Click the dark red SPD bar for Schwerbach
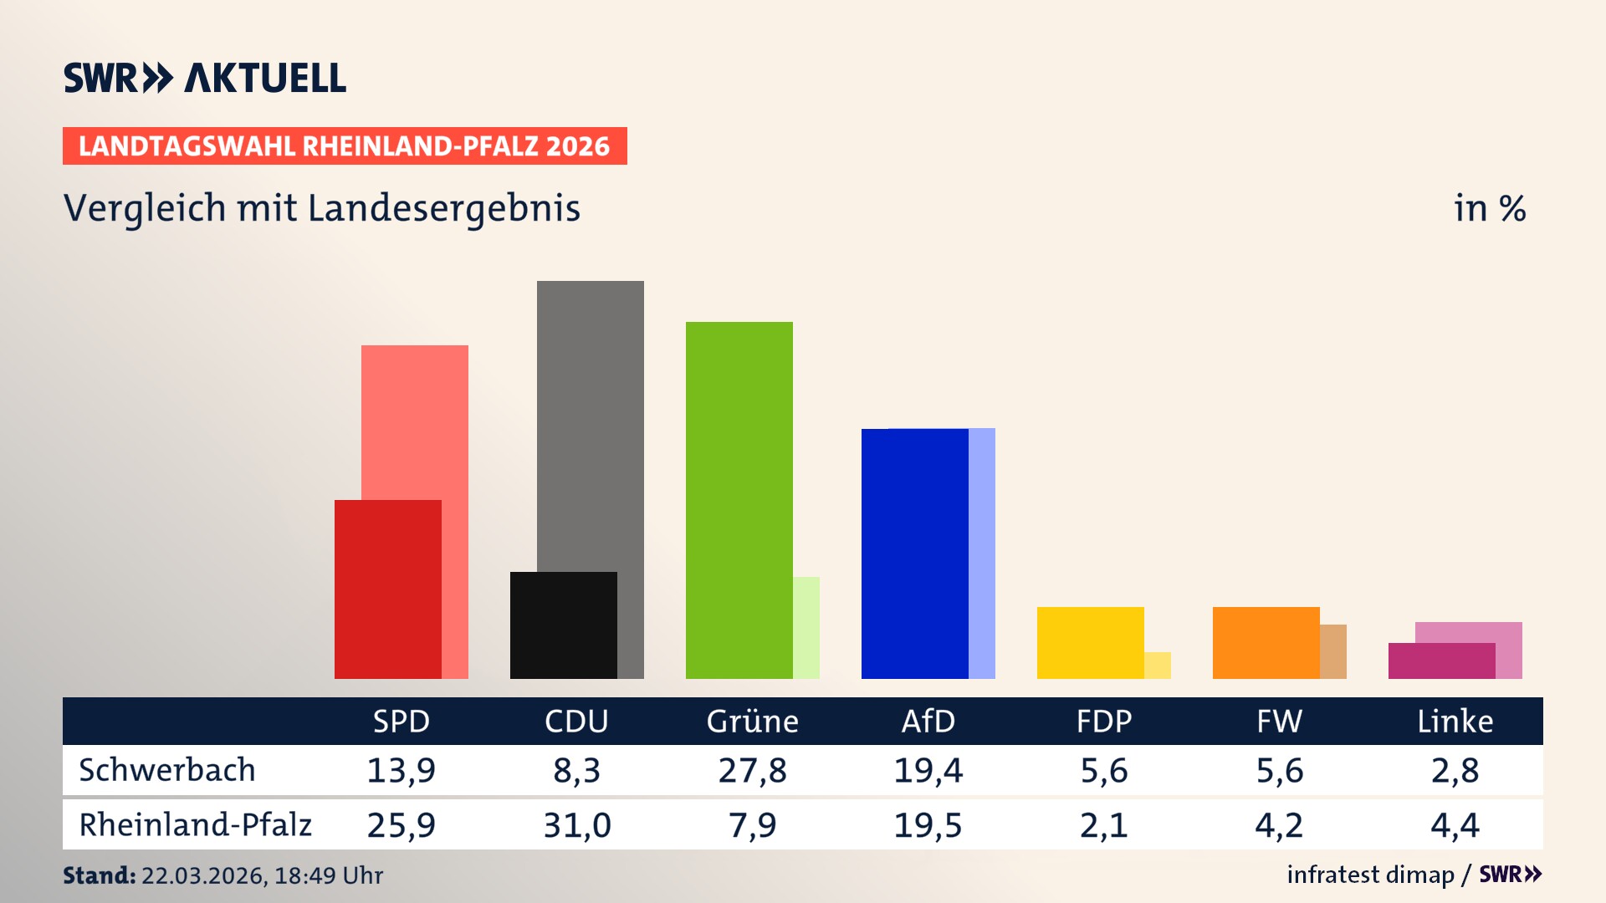click(x=387, y=589)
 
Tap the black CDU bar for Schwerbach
click(x=563, y=625)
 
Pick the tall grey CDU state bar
click(x=591, y=418)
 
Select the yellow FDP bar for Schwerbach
click(x=1090, y=642)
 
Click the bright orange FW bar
click(x=1266, y=642)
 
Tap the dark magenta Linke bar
click(x=1441, y=661)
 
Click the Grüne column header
click(x=752, y=721)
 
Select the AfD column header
click(x=928, y=721)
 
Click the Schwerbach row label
click(x=166, y=770)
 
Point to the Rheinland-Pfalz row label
click(x=195, y=825)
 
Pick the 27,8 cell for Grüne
click(x=752, y=770)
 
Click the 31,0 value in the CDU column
click(x=576, y=825)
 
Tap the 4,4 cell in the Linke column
click(x=1455, y=825)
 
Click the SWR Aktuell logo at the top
click(x=205, y=78)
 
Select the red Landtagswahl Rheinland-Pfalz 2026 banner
click(x=345, y=146)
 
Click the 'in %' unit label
click(x=1489, y=208)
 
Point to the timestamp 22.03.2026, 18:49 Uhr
click(x=261, y=875)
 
